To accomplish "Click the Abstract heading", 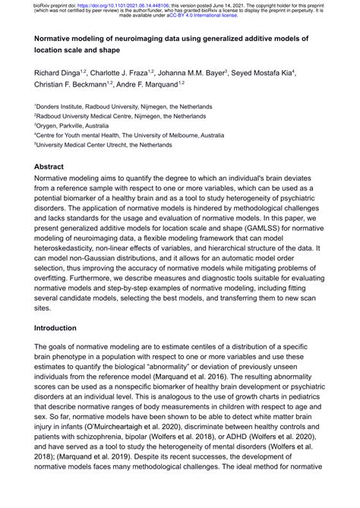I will click(54, 166).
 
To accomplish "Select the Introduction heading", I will click(66, 328).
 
